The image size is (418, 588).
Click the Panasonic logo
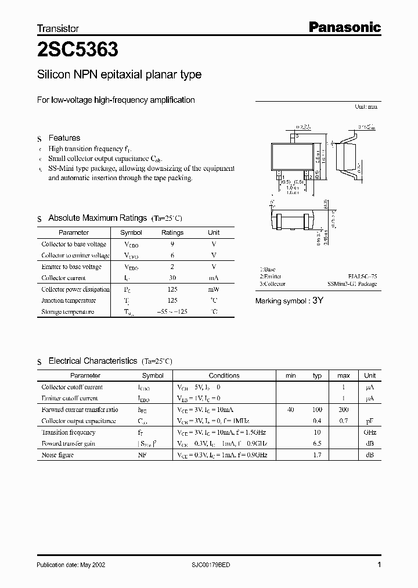point(344,27)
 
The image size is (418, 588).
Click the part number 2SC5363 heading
point(77,51)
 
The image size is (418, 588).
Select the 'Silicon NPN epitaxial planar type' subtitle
point(119,74)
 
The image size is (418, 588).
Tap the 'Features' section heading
point(64,138)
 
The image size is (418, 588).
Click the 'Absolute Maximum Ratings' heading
point(97,218)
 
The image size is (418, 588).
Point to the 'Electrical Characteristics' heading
point(92,361)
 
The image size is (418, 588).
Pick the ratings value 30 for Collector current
point(172,278)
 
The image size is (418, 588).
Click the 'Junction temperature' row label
point(69,300)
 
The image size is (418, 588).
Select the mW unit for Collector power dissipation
point(214,289)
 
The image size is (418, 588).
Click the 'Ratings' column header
point(172,232)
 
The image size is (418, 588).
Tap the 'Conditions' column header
point(224,375)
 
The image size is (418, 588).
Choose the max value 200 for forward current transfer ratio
point(343,410)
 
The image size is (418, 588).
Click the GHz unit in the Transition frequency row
point(370,432)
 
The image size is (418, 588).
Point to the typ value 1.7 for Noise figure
point(317,455)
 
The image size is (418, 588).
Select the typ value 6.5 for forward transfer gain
point(317,444)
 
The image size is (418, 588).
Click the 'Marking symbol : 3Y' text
point(289,300)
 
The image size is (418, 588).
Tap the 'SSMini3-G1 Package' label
point(352,284)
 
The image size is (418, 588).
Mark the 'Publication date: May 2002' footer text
point(71,564)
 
